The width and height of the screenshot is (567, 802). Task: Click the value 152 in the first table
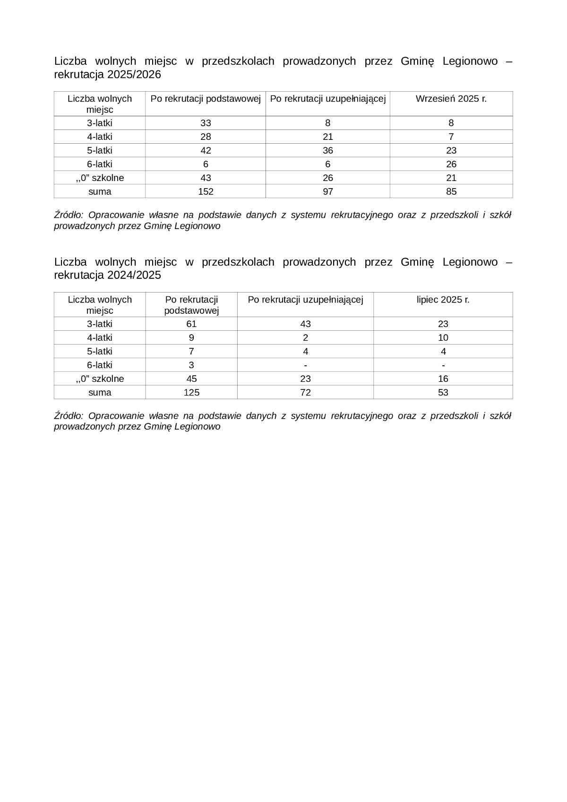[206, 191]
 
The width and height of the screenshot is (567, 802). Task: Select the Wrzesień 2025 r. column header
[451, 99]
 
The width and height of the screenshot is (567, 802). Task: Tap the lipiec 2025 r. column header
[443, 300]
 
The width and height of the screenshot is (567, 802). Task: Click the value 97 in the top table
[327, 191]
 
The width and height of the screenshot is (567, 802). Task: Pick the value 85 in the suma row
[451, 191]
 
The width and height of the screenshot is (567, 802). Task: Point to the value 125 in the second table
[191, 392]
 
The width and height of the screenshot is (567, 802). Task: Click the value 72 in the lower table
[305, 392]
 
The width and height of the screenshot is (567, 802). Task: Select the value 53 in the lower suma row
[443, 392]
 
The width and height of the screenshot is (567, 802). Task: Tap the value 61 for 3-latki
[191, 324]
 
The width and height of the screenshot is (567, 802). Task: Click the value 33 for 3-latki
[206, 123]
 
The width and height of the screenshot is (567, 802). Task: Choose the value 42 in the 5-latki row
[206, 150]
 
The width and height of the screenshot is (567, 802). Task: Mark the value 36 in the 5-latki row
[327, 150]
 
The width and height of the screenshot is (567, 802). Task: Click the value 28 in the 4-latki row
[206, 137]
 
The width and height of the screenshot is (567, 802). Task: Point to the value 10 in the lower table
[443, 337]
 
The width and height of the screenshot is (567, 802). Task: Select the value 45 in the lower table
[191, 379]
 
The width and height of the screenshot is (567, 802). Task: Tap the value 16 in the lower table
[443, 379]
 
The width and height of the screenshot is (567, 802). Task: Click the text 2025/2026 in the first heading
[134, 75]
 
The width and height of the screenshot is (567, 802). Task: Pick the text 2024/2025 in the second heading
[134, 276]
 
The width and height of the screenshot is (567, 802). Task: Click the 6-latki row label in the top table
[100, 164]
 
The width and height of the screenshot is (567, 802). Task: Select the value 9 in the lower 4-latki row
[191, 337]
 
